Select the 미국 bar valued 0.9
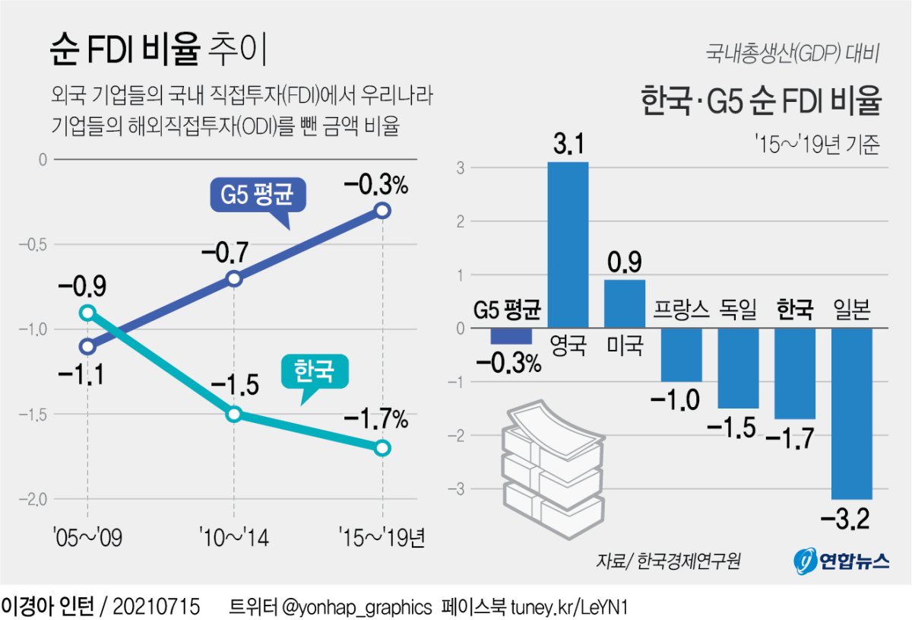(625, 304)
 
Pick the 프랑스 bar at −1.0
(681, 355)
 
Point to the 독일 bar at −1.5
(737, 368)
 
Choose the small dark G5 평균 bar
(511, 336)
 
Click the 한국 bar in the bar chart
(794, 374)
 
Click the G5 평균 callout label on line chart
(258, 197)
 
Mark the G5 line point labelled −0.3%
(382, 211)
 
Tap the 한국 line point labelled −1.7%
(382, 448)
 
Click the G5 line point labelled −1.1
(87, 347)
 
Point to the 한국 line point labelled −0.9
(87, 313)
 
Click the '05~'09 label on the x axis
(88, 539)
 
